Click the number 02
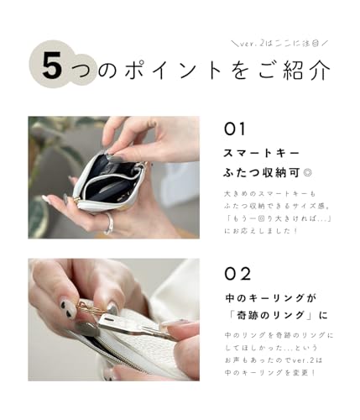[238, 273]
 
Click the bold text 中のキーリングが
[269, 297]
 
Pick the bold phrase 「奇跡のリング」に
[274, 318]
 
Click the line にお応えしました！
[262, 229]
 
